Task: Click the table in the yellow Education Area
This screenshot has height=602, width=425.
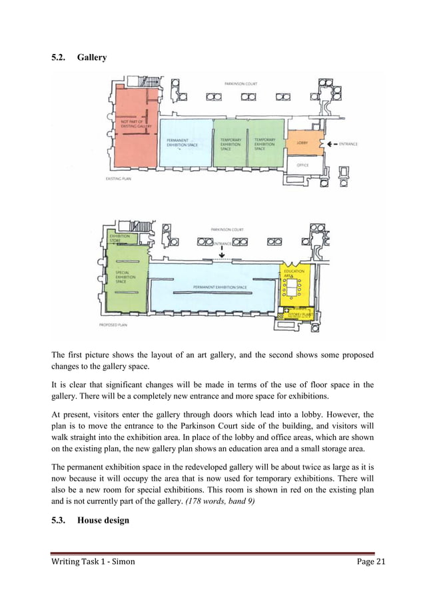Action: coord(292,287)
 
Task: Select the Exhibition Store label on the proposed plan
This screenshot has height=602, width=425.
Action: coord(121,239)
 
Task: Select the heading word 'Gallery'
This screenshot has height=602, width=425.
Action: coord(92,57)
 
